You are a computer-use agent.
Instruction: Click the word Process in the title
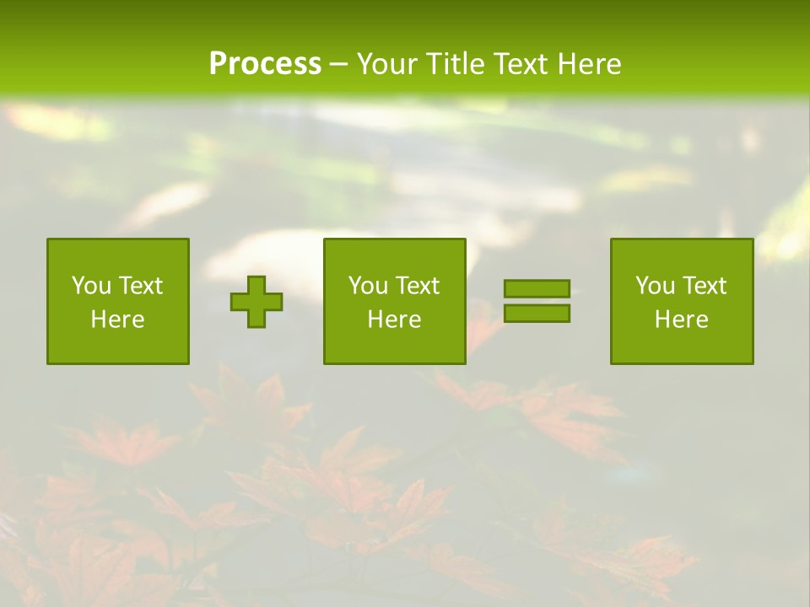click(265, 64)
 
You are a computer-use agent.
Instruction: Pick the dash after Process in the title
click(339, 65)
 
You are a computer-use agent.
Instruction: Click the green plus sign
click(256, 302)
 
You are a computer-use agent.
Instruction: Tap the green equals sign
click(537, 301)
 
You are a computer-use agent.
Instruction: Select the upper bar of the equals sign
click(537, 289)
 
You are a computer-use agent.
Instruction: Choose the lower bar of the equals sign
click(537, 313)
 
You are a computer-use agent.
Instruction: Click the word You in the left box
click(90, 286)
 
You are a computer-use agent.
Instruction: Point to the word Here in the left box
click(118, 320)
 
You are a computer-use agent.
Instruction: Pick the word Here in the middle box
click(395, 320)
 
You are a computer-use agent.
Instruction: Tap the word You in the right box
click(654, 286)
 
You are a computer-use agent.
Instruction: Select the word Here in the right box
click(682, 320)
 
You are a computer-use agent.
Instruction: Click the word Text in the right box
click(705, 286)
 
